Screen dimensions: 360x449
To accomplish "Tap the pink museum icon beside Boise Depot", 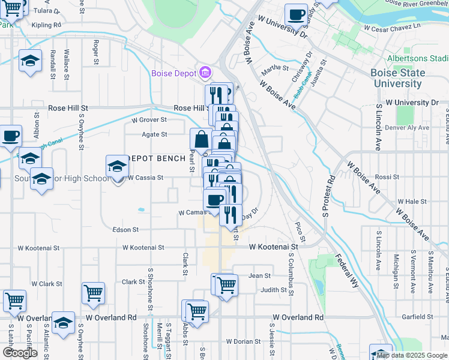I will click(x=205, y=73).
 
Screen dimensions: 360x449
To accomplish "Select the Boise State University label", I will click(x=399, y=78).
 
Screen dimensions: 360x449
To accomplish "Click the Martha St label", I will click(x=271, y=68).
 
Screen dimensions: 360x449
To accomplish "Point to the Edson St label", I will click(x=125, y=229).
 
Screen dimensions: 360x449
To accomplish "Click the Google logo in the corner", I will click(x=20, y=353).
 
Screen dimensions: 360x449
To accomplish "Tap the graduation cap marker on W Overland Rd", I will click(x=63, y=322).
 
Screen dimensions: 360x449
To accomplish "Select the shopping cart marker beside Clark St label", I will click(x=94, y=293).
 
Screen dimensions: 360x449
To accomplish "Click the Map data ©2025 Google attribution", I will click(x=412, y=355).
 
